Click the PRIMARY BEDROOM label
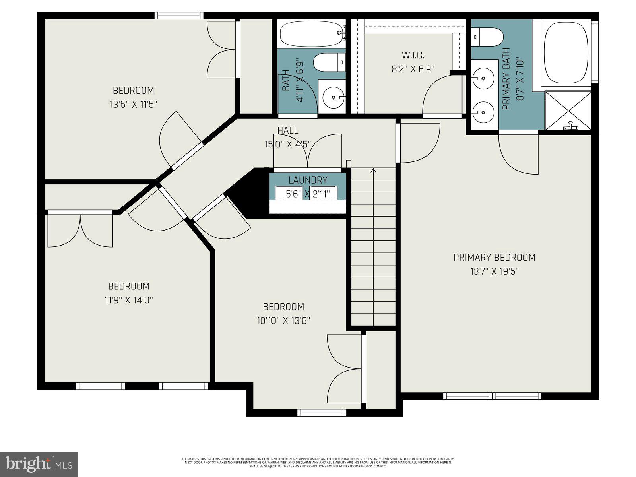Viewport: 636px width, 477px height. click(x=494, y=258)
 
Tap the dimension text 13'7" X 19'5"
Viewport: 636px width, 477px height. click(x=494, y=271)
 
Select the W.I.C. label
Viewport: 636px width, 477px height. click(x=413, y=55)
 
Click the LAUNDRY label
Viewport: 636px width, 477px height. click(x=308, y=180)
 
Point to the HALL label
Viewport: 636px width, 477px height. click(x=287, y=130)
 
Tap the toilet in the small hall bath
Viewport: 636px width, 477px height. click(x=329, y=63)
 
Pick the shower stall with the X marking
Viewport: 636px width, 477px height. click(x=568, y=110)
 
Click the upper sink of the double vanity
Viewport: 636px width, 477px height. click(x=484, y=78)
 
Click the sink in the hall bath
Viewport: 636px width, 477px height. click(x=332, y=97)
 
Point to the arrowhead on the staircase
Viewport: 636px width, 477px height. click(x=373, y=171)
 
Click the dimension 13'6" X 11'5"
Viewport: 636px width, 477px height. click(x=133, y=105)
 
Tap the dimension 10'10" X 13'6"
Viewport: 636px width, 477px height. click(x=283, y=320)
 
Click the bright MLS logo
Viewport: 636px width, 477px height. click(x=39, y=464)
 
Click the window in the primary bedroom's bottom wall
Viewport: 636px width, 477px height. click(x=492, y=396)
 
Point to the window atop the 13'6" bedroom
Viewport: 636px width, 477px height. click(x=178, y=16)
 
